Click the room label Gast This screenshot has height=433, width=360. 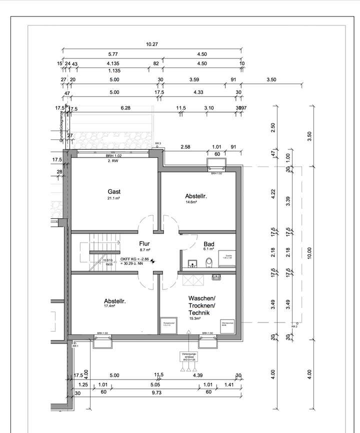(x=114, y=191)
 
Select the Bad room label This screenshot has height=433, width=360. (x=208, y=244)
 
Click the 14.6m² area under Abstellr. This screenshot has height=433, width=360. (x=195, y=203)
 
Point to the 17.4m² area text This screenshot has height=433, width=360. (x=114, y=307)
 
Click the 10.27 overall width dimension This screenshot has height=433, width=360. (x=152, y=44)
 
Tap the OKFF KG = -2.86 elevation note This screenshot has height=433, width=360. (x=134, y=259)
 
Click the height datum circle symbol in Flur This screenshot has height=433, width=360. (x=153, y=260)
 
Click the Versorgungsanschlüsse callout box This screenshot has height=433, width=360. (x=188, y=356)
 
